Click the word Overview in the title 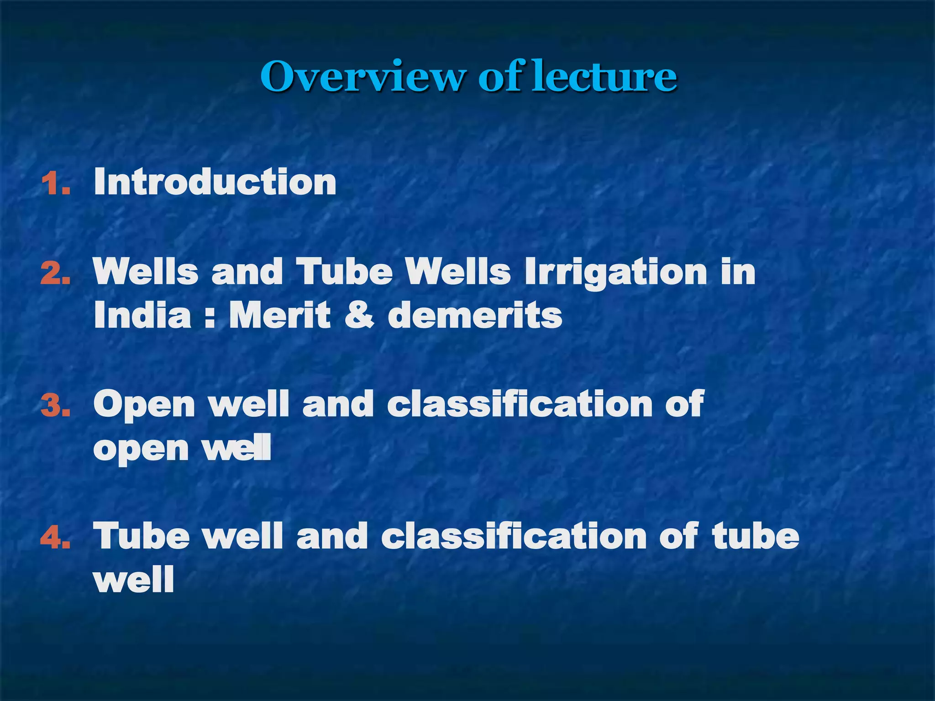click(363, 77)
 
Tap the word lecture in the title click(604, 77)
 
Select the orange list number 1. click(56, 184)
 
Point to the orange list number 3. click(56, 405)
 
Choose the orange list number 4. click(56, 538)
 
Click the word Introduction click(215, 182)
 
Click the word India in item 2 click(142, 315)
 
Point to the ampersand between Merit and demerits click(359, 315)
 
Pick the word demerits click(475, 315)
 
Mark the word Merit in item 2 click(279, 315)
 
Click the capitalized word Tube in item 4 click(142, 536)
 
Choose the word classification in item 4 click(514, 536)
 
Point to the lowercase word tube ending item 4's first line click(756, 536)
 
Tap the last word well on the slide click(134, 580)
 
